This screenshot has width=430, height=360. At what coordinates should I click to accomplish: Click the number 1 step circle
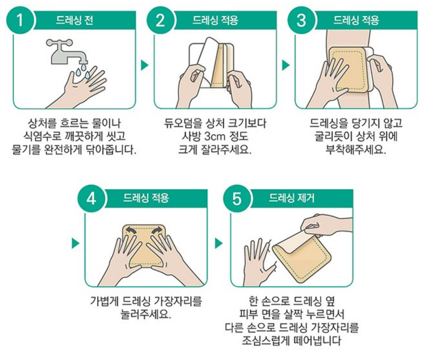point(20,20)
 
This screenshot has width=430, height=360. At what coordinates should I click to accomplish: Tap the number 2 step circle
point(160,20)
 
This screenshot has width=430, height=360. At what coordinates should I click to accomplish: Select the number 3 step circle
point(301,20)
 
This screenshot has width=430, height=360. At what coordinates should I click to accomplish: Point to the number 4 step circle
point(91,198)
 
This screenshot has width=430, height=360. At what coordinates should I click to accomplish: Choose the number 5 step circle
point(237,198)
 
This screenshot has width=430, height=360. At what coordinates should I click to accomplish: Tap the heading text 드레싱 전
point(75,20)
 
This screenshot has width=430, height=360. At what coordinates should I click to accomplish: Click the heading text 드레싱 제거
point(292,198)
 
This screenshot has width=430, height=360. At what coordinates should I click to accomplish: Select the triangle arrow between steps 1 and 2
point(144,65)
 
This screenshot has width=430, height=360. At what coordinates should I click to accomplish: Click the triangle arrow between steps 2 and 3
point(286,65)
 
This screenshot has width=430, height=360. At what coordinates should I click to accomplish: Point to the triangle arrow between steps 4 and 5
point(219,244)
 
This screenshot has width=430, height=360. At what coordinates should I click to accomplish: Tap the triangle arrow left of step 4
point(75,244)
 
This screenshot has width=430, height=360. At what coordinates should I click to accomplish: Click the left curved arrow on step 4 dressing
point(131,230)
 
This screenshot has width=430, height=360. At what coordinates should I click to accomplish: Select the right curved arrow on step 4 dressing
point(157,230)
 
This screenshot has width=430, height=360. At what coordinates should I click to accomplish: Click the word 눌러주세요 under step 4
point(146,314)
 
